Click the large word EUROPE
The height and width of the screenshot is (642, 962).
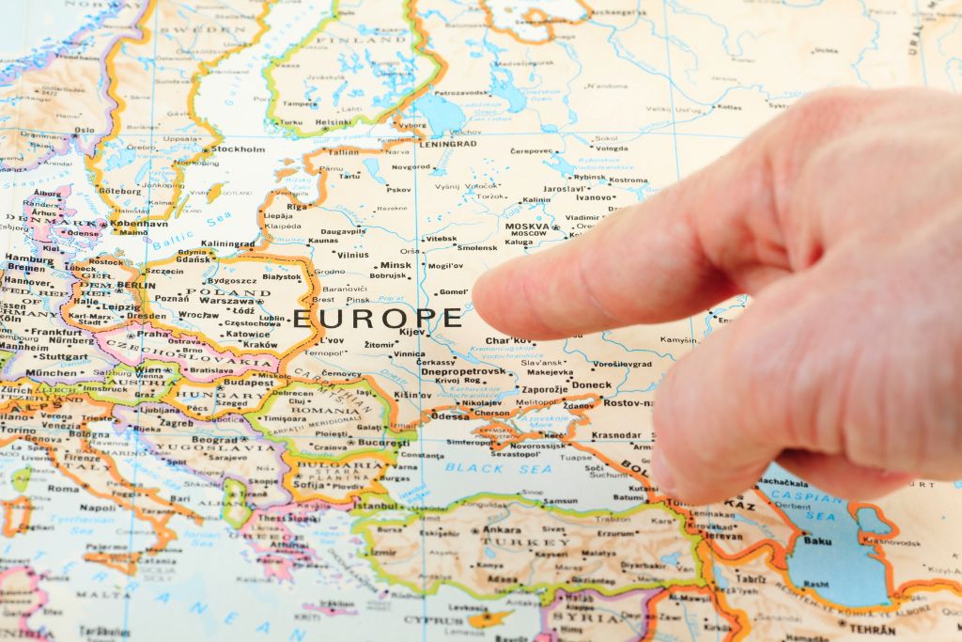pos(378,319)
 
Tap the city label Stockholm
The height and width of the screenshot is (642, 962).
pos(238,149)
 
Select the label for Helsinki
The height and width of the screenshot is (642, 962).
pos(334,122)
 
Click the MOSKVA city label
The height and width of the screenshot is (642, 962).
pos(527,227)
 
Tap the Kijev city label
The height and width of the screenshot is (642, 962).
pos(412,332)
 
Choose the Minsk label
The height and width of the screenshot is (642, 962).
pos(396,265)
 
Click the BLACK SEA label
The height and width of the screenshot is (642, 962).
pos(499,467)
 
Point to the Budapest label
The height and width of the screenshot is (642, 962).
pos(248,383)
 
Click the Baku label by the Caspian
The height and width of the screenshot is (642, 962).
pos(817,540)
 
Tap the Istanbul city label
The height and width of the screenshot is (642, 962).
pos(376,506)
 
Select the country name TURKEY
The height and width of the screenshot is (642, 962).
pos(513,541)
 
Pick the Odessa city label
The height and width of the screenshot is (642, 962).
pos(449,415)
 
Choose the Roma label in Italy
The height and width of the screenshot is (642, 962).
pos(64,489)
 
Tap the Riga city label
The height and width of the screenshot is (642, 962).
pos(299,206)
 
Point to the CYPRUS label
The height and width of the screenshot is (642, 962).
pos(433,619)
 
